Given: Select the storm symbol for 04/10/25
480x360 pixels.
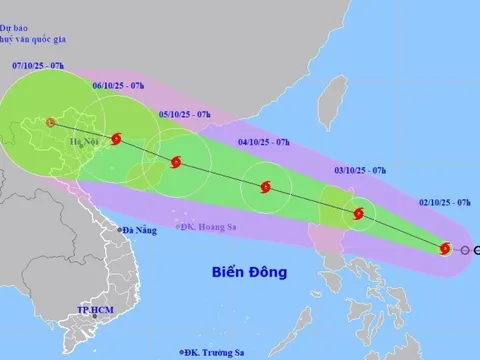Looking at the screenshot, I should (x=265, y=186).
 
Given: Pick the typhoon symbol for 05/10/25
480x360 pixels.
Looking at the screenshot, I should (x=176, y=163).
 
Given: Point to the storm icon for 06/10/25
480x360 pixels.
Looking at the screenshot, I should (x=117, y=141).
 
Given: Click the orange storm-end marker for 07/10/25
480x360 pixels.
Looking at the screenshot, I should (x=50, y=123).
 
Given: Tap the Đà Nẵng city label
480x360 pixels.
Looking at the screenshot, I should (x=140, y=231).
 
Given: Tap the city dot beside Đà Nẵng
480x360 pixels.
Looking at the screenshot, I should (x=118, y=231).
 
